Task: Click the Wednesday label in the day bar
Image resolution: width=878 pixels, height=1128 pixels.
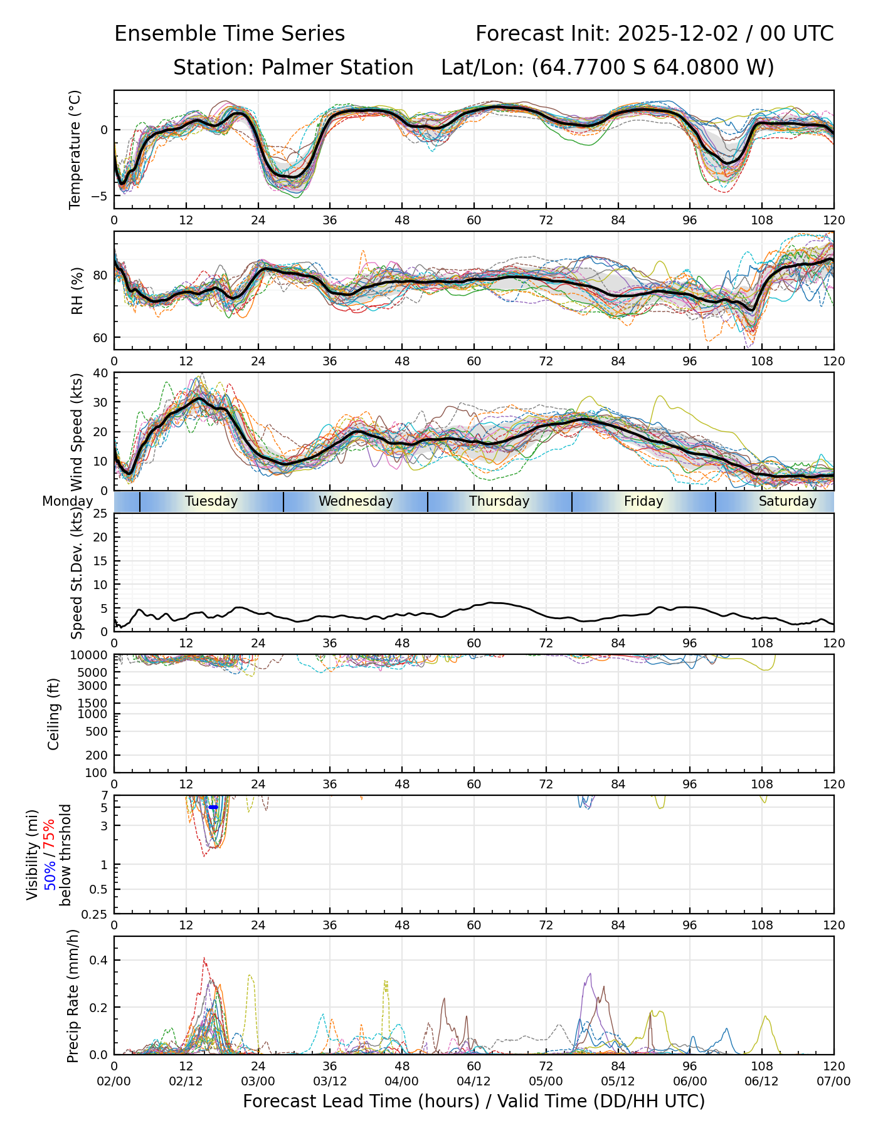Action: [356, 501]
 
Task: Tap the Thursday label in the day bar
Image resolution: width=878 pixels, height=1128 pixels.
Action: [499, 501]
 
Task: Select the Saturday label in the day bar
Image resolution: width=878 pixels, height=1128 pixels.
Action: [787, 501]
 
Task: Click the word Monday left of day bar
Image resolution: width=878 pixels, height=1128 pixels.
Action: [68, 501]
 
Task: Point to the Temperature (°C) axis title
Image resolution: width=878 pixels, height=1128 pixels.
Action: [75, 149]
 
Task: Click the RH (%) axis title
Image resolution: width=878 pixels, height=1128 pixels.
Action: [77, 291]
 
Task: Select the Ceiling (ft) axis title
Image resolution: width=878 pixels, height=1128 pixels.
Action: [54, 714]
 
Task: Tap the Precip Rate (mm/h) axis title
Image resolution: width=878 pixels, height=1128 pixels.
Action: [73, 996]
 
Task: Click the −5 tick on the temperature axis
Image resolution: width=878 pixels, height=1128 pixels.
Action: [99, 196]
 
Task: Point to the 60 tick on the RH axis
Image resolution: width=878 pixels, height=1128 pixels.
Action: [101, 338]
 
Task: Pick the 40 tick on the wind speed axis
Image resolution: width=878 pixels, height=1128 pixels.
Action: [101, 373]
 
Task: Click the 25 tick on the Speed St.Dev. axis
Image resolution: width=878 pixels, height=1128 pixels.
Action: [101, 514]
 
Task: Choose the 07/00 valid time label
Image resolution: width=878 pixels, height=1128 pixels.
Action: [833, 1082]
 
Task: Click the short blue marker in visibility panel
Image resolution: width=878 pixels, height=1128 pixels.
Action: [213, 807]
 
